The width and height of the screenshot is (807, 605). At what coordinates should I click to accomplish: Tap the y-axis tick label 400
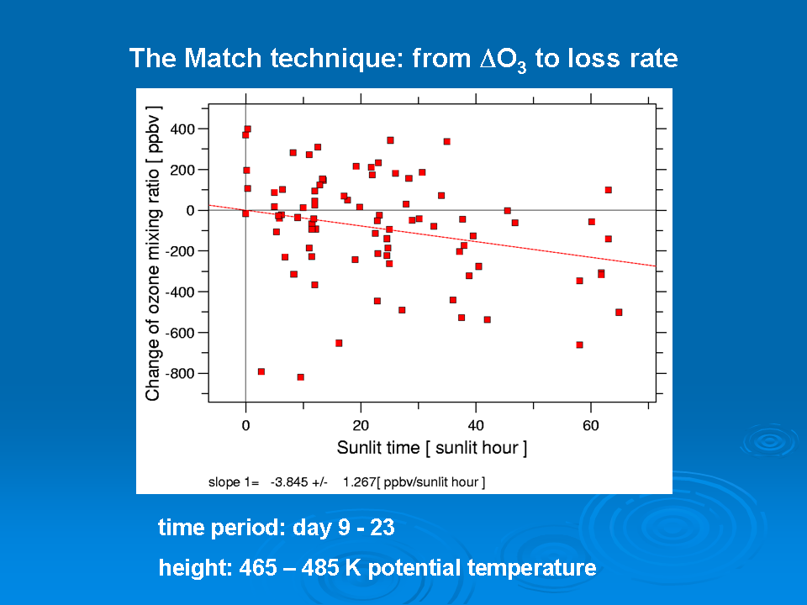(182, 129)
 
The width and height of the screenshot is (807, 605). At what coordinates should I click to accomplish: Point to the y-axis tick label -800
(180, 373)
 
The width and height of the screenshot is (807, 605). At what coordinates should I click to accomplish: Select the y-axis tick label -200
(180, 251)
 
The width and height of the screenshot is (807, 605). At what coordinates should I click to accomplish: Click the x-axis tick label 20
(361, 425)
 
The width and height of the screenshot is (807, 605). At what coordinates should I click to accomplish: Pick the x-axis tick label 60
(591, 425)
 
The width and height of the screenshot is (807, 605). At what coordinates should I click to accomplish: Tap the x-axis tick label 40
(476, 425)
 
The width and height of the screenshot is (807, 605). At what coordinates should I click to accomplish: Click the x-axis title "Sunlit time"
(378, 448)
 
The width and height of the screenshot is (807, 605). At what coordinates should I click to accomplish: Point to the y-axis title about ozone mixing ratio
(153, 254)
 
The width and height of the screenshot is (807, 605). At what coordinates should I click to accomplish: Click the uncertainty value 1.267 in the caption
(359, 482)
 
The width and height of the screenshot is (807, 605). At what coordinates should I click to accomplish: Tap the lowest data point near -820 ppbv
(301, 377)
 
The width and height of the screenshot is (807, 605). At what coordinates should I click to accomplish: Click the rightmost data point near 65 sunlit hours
(619, 313)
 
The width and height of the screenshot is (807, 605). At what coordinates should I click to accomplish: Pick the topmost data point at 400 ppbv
(247, 129)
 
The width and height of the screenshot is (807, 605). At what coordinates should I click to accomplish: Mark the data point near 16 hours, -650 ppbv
(339, 343)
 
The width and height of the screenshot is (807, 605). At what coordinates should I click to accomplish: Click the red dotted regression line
(432, 235)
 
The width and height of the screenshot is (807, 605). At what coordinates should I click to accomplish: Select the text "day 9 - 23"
(343, 528)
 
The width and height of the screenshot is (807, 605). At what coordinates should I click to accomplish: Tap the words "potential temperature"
(483, 568)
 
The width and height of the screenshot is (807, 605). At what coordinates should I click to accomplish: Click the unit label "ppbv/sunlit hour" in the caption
(431, 482)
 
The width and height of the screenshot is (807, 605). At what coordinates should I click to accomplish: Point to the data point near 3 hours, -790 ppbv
(261, 371)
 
